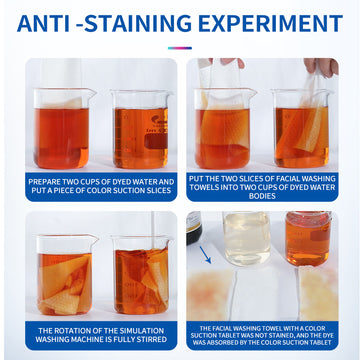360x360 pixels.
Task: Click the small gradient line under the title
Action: [180, 48]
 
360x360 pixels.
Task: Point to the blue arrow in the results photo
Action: [205, 255]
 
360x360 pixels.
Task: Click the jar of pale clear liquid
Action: [247, 238]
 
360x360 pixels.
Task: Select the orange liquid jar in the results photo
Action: [308, 238]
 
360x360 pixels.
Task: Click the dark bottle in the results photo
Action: [194, 228]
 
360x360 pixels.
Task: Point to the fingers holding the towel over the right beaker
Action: [321, 66]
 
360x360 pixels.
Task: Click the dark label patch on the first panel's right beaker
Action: [156, 141]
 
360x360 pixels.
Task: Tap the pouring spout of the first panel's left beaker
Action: [91, 91]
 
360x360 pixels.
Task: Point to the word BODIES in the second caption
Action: [262, 196]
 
